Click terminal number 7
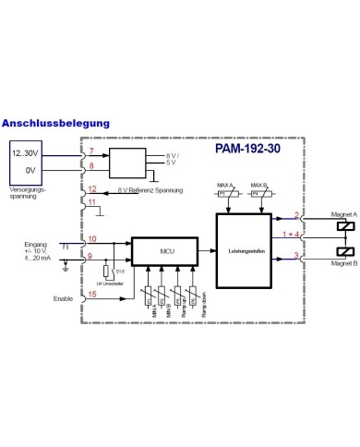pyautogui.click(x=90, y=151)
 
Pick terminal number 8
pyautogui.click(x=90, y=166)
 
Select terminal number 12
pyautogui.click(x=92, y=189)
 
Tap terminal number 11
pyautogui.click(x=91, y=201)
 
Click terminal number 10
pyautogui.click(x=91, y=240)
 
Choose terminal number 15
pyautogui.click(x=91, y=296)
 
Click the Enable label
pyautogui.click(x=63, y=298)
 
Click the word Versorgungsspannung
pyautogui.click(x=27, y=193)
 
